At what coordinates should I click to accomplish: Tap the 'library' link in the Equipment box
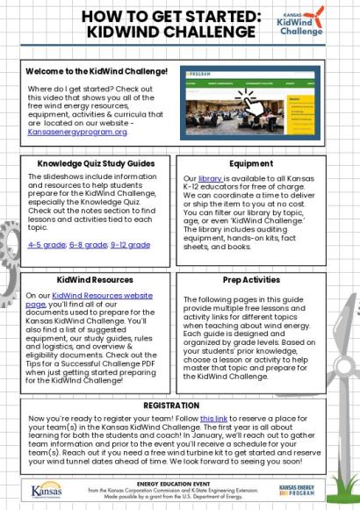(209, 176)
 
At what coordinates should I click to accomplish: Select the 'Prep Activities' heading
(250, 280)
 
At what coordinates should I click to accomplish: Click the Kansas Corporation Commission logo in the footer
(47, 490)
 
